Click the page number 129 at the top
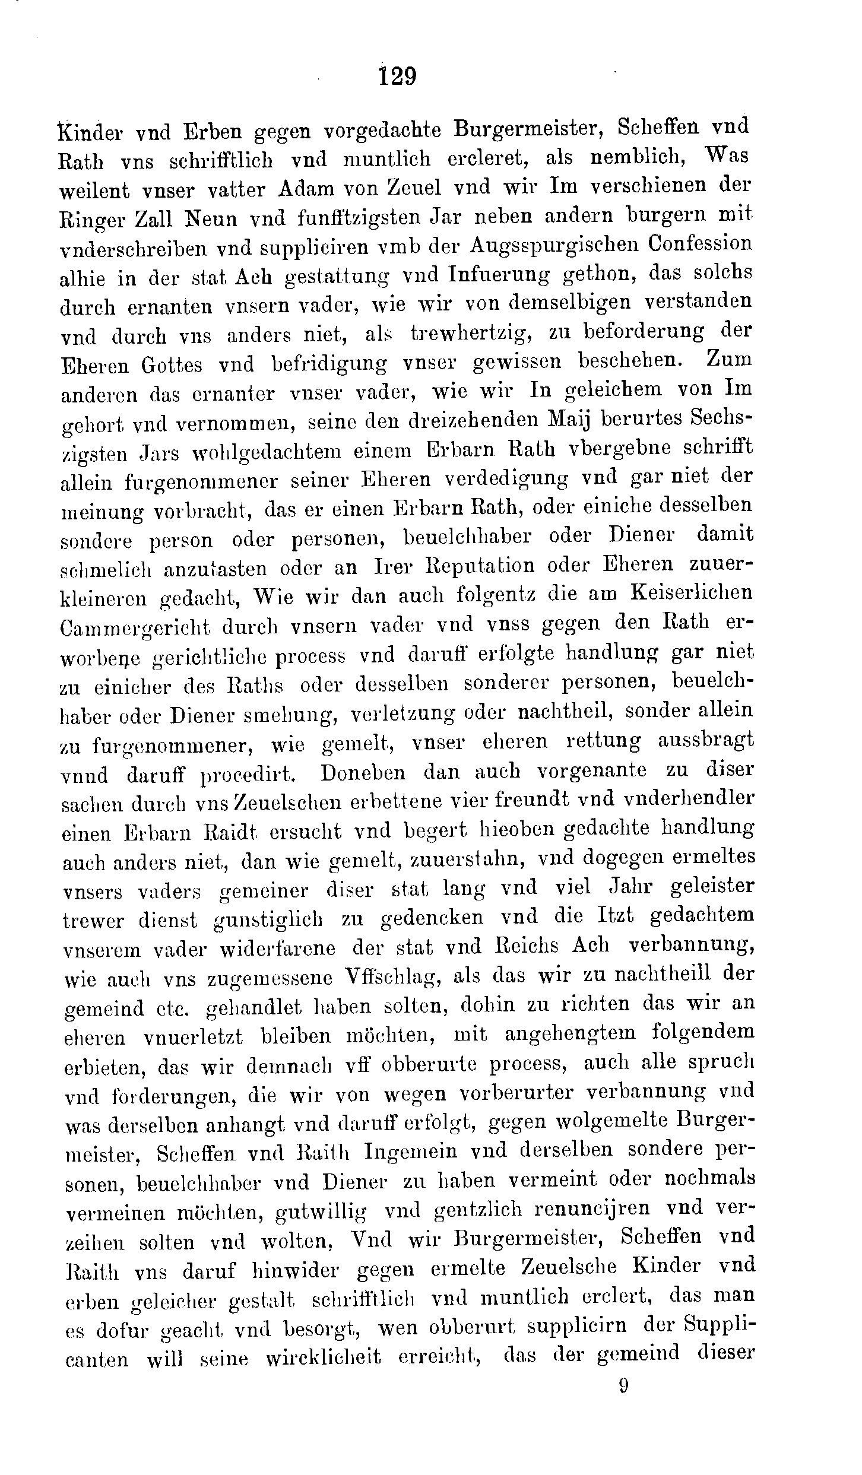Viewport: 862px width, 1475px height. [x=398, y=77]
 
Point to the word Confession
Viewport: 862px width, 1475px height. [x=700, y=244]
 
